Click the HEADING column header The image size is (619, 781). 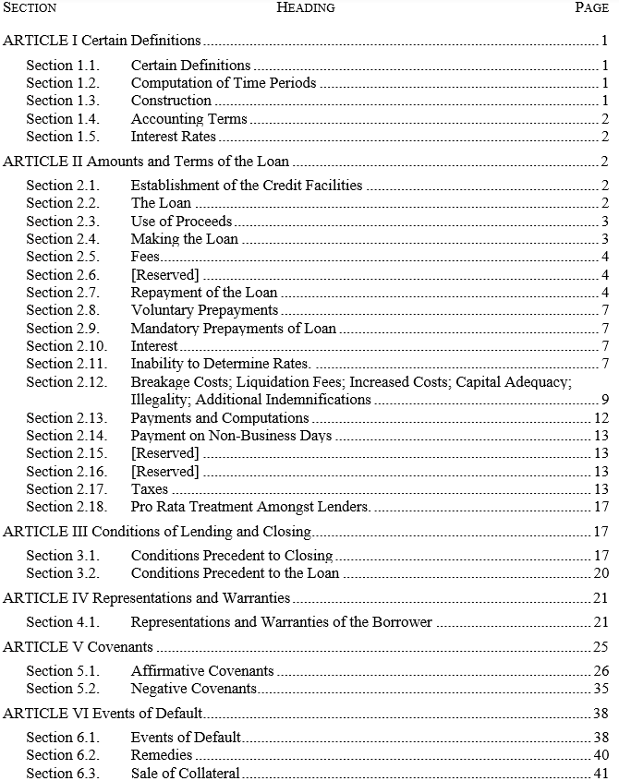(306, 7)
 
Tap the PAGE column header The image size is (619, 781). (591, 7)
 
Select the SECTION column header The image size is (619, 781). (30, 7)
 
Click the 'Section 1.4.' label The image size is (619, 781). (62, 119)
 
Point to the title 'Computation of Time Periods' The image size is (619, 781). (223, 83)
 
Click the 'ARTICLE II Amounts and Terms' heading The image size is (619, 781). (145, 162)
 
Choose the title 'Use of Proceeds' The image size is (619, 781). (181, 222)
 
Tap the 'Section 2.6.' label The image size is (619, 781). (62, 275)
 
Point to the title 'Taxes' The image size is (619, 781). (150, 489)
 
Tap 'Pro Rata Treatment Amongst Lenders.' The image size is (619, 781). (250, 507)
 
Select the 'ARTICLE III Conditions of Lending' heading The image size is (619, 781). (157, 532)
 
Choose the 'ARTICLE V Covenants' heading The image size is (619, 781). (78, 647)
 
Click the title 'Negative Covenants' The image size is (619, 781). (194, 689)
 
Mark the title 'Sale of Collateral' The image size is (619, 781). (185, 774)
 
